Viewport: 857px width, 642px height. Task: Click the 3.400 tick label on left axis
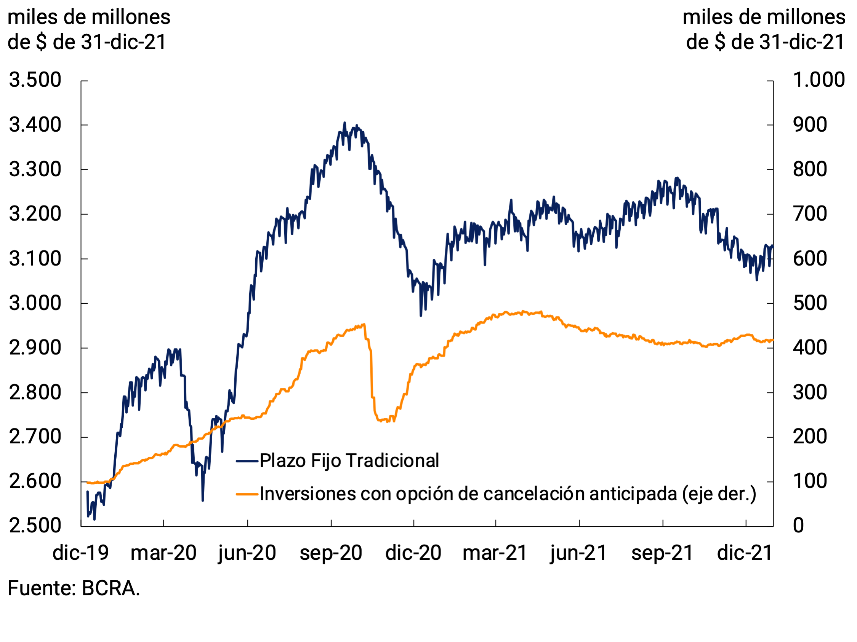35,125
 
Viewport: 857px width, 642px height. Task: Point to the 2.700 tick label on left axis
35,437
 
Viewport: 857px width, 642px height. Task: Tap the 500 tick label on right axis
810,303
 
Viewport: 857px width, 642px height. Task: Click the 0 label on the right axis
798,526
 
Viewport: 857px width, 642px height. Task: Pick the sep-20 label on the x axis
331,553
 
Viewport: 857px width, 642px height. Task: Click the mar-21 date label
495,553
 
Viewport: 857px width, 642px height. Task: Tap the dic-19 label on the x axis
80,553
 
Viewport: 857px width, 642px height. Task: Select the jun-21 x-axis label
578,553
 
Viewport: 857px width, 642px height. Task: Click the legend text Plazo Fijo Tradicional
349,461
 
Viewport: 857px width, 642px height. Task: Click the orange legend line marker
247,494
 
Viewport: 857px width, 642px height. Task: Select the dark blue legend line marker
247,461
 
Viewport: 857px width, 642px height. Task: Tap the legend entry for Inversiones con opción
508,494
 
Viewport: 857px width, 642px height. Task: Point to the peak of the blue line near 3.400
344,123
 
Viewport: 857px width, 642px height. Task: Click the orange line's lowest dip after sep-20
388,421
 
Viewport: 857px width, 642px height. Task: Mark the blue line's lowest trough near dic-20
421,316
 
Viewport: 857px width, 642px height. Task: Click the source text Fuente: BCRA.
74,589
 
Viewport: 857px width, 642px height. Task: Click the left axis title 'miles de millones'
89,18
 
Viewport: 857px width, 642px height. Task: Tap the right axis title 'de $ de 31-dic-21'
765,42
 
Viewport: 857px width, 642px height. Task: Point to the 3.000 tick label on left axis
35,303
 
